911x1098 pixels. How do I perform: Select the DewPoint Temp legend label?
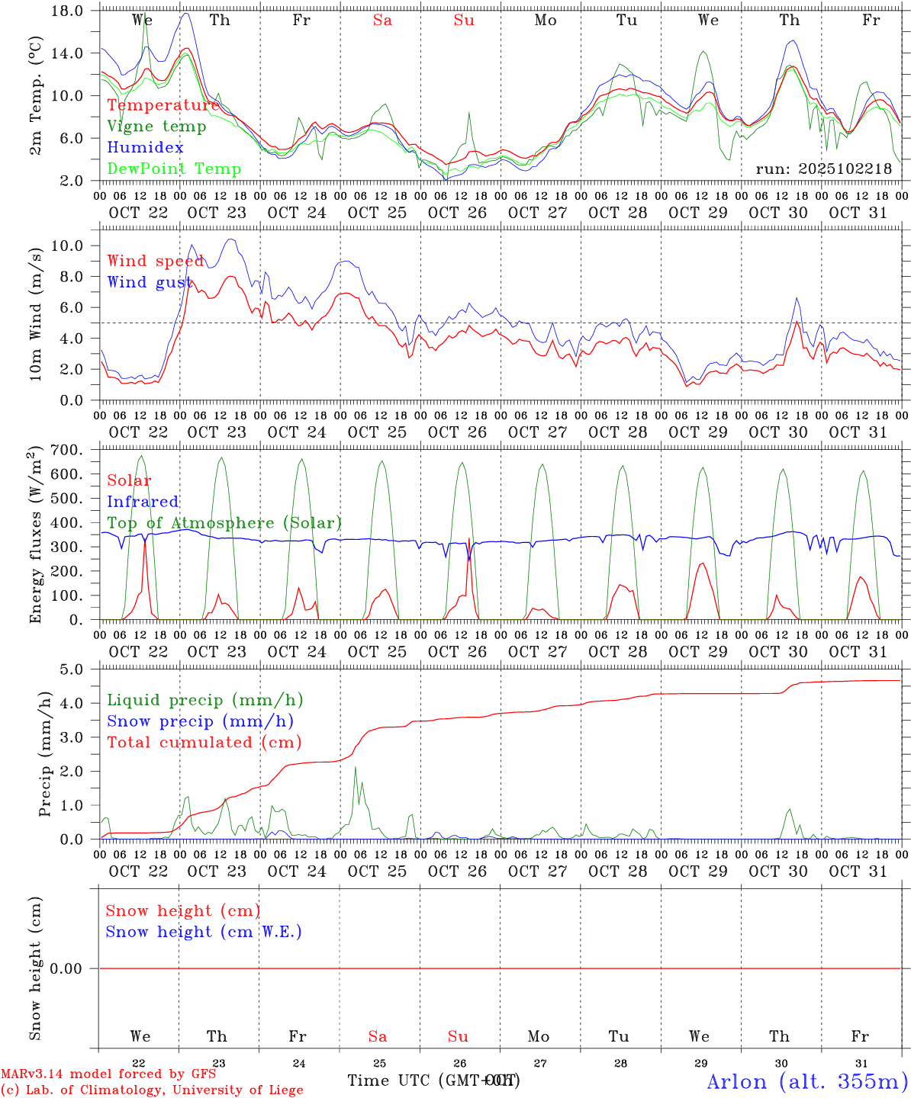click(174, 169)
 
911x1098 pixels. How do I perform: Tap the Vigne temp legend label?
click(156, 127)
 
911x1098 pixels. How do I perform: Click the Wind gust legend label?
click(150, 282)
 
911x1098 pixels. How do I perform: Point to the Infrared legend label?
click(143, 502)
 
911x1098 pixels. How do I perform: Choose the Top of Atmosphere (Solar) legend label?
click(224, 523)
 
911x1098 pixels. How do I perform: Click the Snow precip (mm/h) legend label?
click(201, 721)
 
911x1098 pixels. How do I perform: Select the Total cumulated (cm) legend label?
click(204, 742)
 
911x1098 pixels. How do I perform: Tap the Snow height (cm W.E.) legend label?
click(204, 932)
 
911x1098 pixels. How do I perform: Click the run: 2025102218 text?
click(823, 169)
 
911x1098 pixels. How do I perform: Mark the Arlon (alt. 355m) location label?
click(808, 1081)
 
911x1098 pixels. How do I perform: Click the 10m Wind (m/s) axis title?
click(36, 313)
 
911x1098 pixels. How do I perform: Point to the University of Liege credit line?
click(153, 1090)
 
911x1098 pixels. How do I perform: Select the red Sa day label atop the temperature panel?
click(382, 21)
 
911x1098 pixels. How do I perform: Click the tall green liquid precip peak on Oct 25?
click(355, 769)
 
